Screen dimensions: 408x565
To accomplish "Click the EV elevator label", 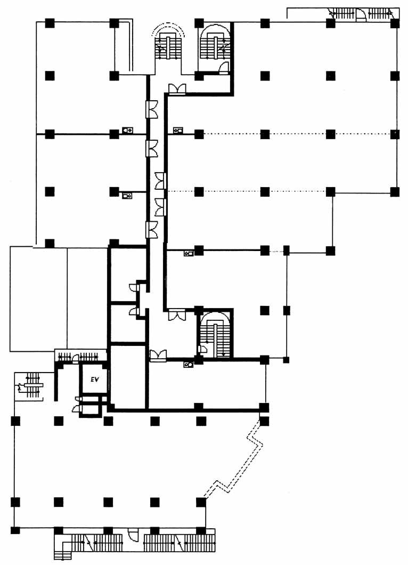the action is (x=94, y=379).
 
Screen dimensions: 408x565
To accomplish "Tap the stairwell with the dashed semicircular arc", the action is (x=168, y=47).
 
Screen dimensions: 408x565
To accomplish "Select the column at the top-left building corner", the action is (x=50, y=23).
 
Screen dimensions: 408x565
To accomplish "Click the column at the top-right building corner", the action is (x=395, y=23).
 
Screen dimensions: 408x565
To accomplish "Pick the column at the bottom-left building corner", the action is (x=15, y=530).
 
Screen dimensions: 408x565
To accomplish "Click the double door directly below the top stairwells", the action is (x=177, y=89).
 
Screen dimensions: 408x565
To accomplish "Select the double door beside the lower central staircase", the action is (x=177, y=315).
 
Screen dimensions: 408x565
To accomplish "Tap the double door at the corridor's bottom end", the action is (x=158, y=356).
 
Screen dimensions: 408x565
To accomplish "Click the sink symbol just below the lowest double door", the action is (x=189, y=365).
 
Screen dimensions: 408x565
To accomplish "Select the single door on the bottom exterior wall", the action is (x=133, y=534).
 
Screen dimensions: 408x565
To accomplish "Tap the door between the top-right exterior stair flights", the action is (x=361, y=14).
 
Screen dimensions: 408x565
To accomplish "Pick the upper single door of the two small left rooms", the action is (x=134, y=287).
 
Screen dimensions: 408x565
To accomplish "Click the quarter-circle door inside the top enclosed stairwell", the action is (x=224, y=67).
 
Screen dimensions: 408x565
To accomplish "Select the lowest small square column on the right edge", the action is (x=286, y=360).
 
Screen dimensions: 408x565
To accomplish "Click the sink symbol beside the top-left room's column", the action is (x=127, y=130).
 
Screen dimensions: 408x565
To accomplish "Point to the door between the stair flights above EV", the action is (x=76, y=358).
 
